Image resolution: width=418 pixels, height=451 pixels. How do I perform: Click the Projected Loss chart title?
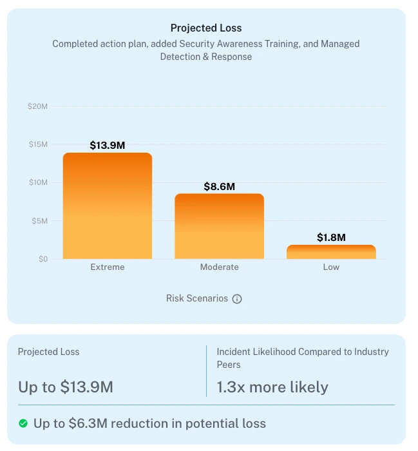click(206, 28)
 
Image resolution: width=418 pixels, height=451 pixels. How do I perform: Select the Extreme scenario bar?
click(108, 206)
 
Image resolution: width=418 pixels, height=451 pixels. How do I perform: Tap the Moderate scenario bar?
click(219, 226)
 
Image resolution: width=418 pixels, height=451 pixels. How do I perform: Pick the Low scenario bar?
click(331, 252)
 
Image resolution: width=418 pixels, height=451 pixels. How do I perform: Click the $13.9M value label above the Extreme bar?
click(108, 146)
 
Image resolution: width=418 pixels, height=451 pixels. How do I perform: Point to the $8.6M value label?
click(219, 187)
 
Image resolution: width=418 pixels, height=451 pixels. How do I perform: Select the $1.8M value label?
click(331, 238)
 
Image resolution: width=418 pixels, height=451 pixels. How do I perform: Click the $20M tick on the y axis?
click(38, 106)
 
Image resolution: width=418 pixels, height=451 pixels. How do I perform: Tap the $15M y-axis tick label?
click(38, 144)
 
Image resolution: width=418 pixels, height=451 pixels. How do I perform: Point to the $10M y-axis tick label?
click(38, 182)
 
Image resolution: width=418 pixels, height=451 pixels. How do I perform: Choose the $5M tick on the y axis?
click(39, 221)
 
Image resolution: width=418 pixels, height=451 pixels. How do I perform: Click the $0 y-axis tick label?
click(42, 259)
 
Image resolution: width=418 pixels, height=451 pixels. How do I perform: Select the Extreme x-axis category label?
click(108, 267)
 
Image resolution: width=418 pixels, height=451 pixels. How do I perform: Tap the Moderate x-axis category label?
click(219, 267)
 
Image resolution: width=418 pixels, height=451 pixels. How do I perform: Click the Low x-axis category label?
click(331, 267)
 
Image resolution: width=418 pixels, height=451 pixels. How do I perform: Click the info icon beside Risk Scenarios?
click(237, 299)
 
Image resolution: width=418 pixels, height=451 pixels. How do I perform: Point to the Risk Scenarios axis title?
click(197, 299)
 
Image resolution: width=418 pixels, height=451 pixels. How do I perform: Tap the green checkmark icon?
click(23, 423)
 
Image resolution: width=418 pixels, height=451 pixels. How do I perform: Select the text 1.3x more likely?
click(272, 387)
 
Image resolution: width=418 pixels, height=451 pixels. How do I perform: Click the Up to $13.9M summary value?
click(66, 387)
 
